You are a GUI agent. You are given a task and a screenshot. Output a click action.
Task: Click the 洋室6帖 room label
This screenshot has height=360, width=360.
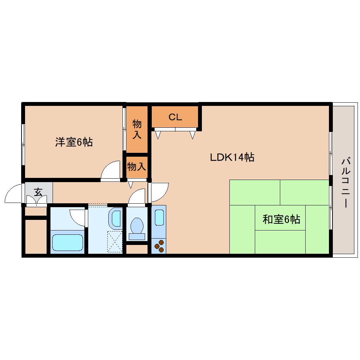(74, 142)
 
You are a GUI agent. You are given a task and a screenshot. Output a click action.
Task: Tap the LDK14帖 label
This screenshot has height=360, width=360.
(232, 157)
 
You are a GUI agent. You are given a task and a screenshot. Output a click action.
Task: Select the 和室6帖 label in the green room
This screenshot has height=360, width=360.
(281, 220)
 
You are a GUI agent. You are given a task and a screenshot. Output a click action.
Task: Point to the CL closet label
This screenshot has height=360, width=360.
(175, 117)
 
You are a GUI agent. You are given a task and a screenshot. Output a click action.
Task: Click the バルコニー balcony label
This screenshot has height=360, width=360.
(345, 183)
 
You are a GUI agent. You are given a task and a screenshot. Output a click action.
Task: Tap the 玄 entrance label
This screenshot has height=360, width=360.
(38, 192)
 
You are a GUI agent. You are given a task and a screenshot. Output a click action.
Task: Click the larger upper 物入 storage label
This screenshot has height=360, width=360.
(137, 129)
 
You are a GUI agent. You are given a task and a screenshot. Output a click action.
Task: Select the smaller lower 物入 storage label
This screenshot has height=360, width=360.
(137, 167)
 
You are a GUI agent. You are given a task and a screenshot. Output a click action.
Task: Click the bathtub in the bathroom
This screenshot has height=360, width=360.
(67, 242)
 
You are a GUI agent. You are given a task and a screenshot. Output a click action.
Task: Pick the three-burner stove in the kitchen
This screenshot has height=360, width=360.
(159, 246)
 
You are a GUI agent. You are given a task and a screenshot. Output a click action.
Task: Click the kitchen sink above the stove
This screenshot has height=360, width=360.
(159, 217)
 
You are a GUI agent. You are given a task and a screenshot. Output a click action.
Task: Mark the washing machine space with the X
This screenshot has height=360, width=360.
(115, 241)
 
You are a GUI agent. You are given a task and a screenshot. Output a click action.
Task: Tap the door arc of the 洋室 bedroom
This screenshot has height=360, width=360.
(111, 171)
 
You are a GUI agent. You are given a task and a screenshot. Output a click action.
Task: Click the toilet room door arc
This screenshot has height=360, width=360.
(137, 197)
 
